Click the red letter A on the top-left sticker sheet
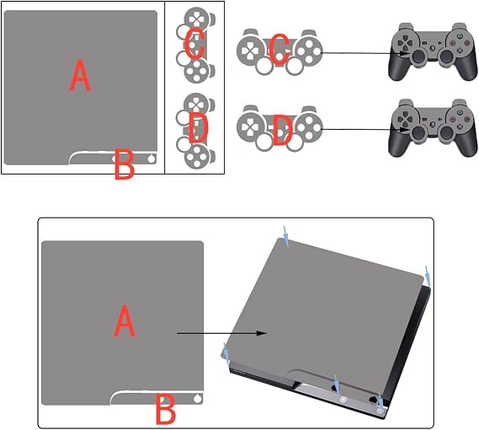point(80,76)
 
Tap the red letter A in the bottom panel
point(125,321)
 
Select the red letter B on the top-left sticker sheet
point(125,164)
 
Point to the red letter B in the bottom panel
point(166,409)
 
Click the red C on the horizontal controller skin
point(279,49)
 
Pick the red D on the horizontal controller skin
point(281,130)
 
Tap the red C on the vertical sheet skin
point(194,46)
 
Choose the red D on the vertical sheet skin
point(199,129)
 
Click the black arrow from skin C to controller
point(365,53)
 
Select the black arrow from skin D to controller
point(365,130)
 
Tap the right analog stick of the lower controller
point(446,132)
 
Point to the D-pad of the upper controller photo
point(406,42)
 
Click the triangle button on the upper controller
point(459,36)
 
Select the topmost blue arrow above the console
point(286,237)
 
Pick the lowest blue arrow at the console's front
point(381,402)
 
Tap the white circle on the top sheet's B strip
point(152,159)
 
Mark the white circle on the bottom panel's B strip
point(198,399)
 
